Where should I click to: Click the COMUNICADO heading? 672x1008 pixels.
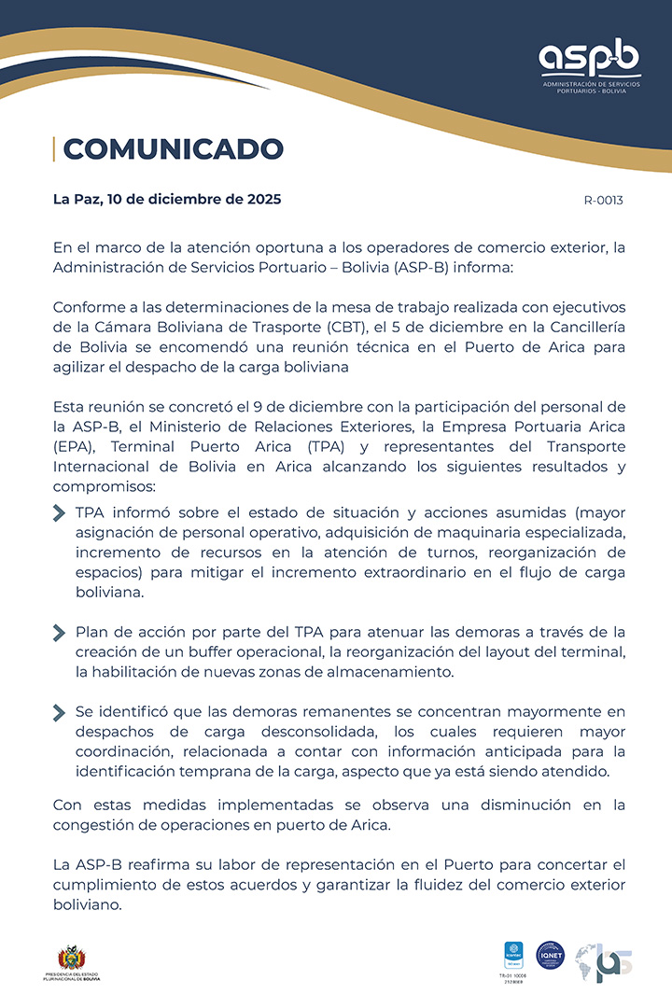(173, 148)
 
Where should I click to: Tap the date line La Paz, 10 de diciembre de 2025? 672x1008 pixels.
(167, 199)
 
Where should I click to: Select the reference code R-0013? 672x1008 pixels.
(603, 200)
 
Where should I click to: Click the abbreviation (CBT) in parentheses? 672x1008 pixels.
(344, 326)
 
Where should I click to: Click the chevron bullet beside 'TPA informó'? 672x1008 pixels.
(60, 512)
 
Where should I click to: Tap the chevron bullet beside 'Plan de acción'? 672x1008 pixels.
(60, 632)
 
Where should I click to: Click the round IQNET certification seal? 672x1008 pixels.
(551, 955)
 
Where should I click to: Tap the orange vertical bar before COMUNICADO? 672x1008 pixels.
(54, 148)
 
